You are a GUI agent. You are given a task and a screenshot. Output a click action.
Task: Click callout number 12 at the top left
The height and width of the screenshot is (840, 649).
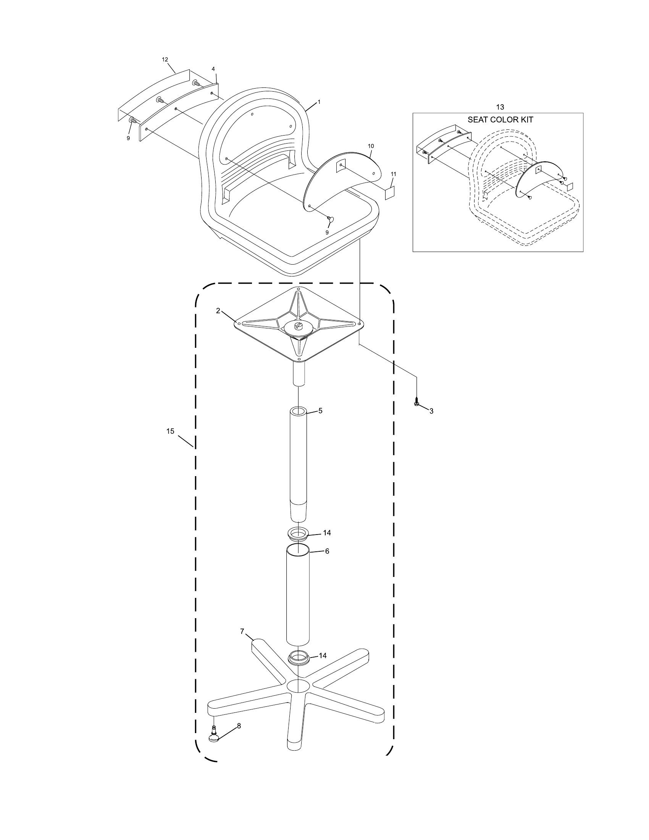165,60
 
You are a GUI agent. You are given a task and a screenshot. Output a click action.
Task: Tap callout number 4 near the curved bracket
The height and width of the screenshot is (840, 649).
213,69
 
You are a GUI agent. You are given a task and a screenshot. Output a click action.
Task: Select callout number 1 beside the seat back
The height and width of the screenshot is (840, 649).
319,102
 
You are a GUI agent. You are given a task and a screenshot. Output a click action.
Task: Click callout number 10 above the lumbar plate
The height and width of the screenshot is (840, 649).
371,146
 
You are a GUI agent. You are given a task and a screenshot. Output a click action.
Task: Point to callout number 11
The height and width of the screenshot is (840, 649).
393,174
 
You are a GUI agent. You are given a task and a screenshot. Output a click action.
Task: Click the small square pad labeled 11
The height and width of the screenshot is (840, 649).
391,193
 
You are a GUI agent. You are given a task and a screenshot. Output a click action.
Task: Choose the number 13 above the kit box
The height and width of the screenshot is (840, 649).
500,107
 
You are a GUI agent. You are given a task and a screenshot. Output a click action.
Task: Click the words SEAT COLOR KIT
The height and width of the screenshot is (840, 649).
500,120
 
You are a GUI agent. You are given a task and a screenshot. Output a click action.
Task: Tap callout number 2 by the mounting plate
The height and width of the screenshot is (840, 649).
218,311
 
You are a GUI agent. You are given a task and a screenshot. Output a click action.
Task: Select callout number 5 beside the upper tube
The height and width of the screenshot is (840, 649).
320,411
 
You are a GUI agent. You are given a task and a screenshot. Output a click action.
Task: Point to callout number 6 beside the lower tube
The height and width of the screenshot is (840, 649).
327,551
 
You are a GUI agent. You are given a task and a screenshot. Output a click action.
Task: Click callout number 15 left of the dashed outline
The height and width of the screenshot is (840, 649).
170,431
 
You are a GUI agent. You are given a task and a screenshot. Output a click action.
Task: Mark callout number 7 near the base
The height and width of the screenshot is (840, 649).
242,631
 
